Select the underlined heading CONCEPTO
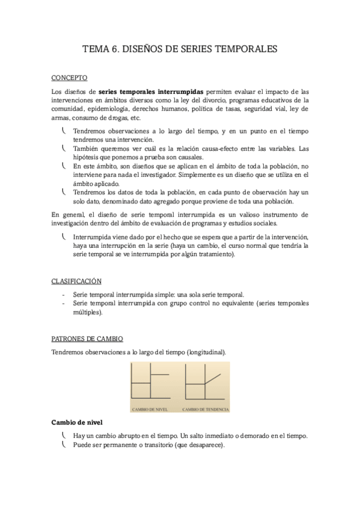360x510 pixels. click(70, 78)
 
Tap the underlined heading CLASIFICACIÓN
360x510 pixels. click(76, 281)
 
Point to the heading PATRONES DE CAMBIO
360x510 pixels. click(87, 339)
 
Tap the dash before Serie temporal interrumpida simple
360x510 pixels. click(64, 295)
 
